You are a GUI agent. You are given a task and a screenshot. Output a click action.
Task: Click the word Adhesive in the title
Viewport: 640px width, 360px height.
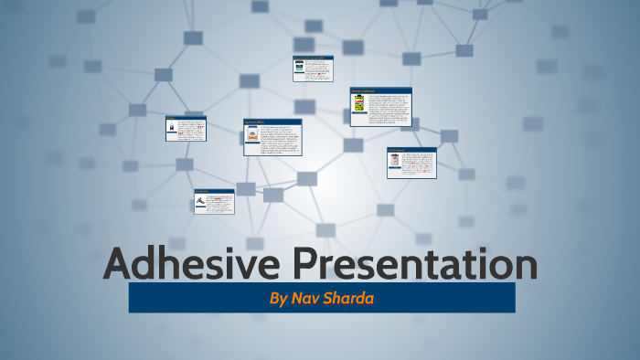pyautogui.click(x=192, y=265)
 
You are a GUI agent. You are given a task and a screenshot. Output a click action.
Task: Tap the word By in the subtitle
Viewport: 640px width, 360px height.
pyautogui.click(x=278, y=299)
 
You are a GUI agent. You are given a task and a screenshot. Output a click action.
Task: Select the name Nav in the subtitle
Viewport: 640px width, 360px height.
pyautogui.click(x=306, y=299)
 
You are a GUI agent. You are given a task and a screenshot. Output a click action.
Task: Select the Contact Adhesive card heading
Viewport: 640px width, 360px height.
pyautogui.click(x=364, y=90)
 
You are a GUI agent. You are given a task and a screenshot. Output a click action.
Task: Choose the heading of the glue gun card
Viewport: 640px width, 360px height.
pyautogui.click(x=203, y=192)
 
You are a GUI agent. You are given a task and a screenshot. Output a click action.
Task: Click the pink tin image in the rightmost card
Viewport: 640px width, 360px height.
pyautogui.click(x=394, y=161)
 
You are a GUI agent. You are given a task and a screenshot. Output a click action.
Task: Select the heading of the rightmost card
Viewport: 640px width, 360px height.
pyautogui.click(x=398, y=150)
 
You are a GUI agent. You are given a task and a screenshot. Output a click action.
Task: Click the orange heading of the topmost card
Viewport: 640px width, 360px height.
pyautogui.click(x=311, y=58)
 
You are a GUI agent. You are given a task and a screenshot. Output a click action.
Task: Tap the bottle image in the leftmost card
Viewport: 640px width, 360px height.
pyautogui.click(x=172, y=129)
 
